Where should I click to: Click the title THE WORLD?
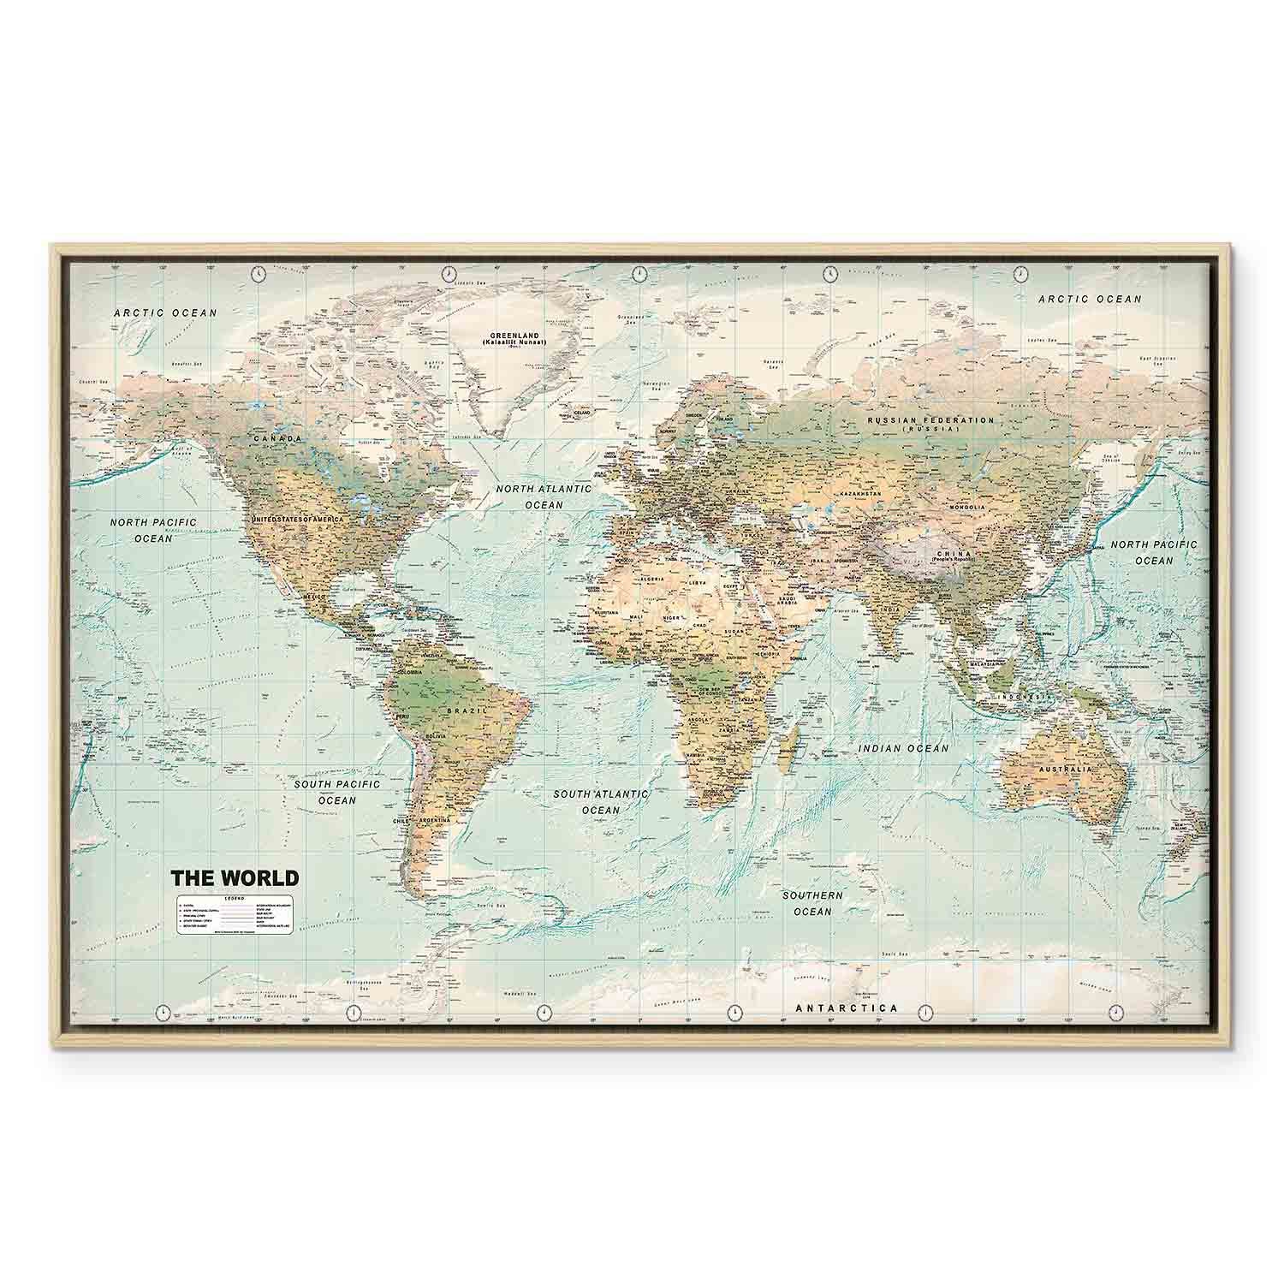(235, 878)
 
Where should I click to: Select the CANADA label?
(277, 439)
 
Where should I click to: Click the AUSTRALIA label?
(1065, 770)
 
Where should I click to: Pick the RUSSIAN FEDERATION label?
(930, 421)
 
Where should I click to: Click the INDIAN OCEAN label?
(903, 749)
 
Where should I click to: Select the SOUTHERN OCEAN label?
(812, 903)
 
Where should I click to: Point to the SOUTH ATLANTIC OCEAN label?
(600, 802)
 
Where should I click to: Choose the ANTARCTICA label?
(847, 1008)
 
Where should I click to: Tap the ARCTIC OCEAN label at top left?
(166, 313)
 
